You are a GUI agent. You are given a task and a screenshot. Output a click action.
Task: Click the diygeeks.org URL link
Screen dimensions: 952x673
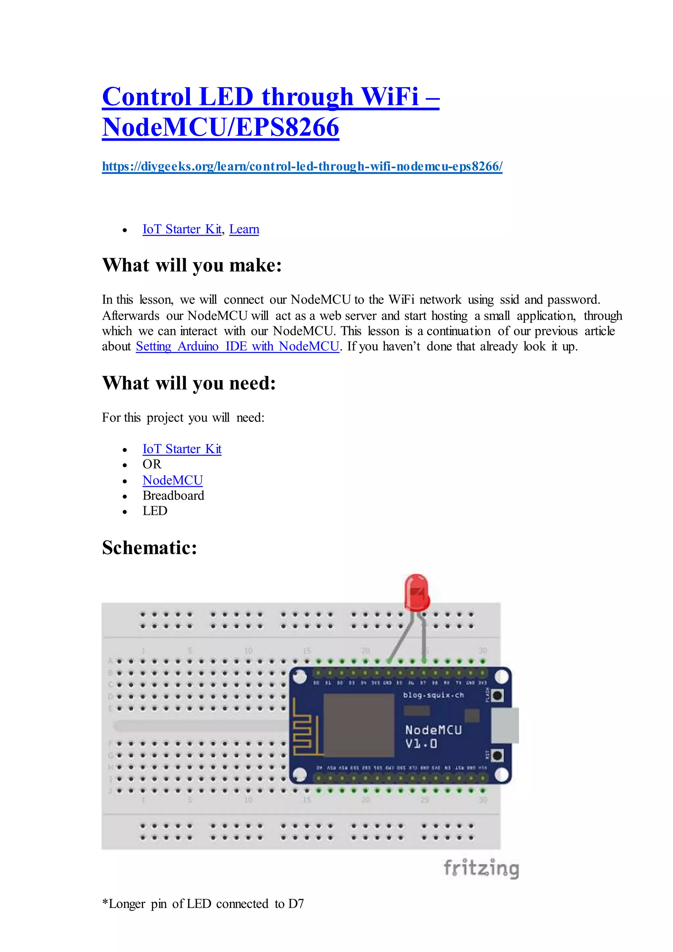point(302,166)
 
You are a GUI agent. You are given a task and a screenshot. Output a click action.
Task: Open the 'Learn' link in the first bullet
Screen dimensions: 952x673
point(244,229)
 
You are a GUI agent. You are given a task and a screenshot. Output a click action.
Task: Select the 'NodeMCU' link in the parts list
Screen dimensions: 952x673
point(173,480)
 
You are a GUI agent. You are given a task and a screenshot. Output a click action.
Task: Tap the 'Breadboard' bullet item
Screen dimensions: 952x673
point(173,495)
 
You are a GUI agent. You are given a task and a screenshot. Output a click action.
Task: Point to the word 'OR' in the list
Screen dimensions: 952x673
point(152,464)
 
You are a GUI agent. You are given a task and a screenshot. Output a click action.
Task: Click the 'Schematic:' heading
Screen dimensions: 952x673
point(149,548)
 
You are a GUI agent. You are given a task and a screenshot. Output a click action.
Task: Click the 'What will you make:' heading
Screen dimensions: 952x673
point(192,265)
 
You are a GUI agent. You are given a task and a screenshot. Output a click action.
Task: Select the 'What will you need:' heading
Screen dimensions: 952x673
point(189,383)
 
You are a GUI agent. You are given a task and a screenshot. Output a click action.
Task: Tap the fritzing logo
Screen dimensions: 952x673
point(481,868)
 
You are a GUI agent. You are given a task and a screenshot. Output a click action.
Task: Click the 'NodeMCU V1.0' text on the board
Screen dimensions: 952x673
point(433,736)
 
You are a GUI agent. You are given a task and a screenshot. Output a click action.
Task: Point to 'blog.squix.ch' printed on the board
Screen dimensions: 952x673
point(433,695)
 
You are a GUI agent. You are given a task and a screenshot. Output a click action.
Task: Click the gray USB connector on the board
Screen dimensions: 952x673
point(505,726)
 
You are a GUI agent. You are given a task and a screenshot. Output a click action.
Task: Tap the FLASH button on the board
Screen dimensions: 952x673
point(497,695)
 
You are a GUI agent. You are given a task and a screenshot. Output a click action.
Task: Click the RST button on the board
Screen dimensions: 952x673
point(497,755)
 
